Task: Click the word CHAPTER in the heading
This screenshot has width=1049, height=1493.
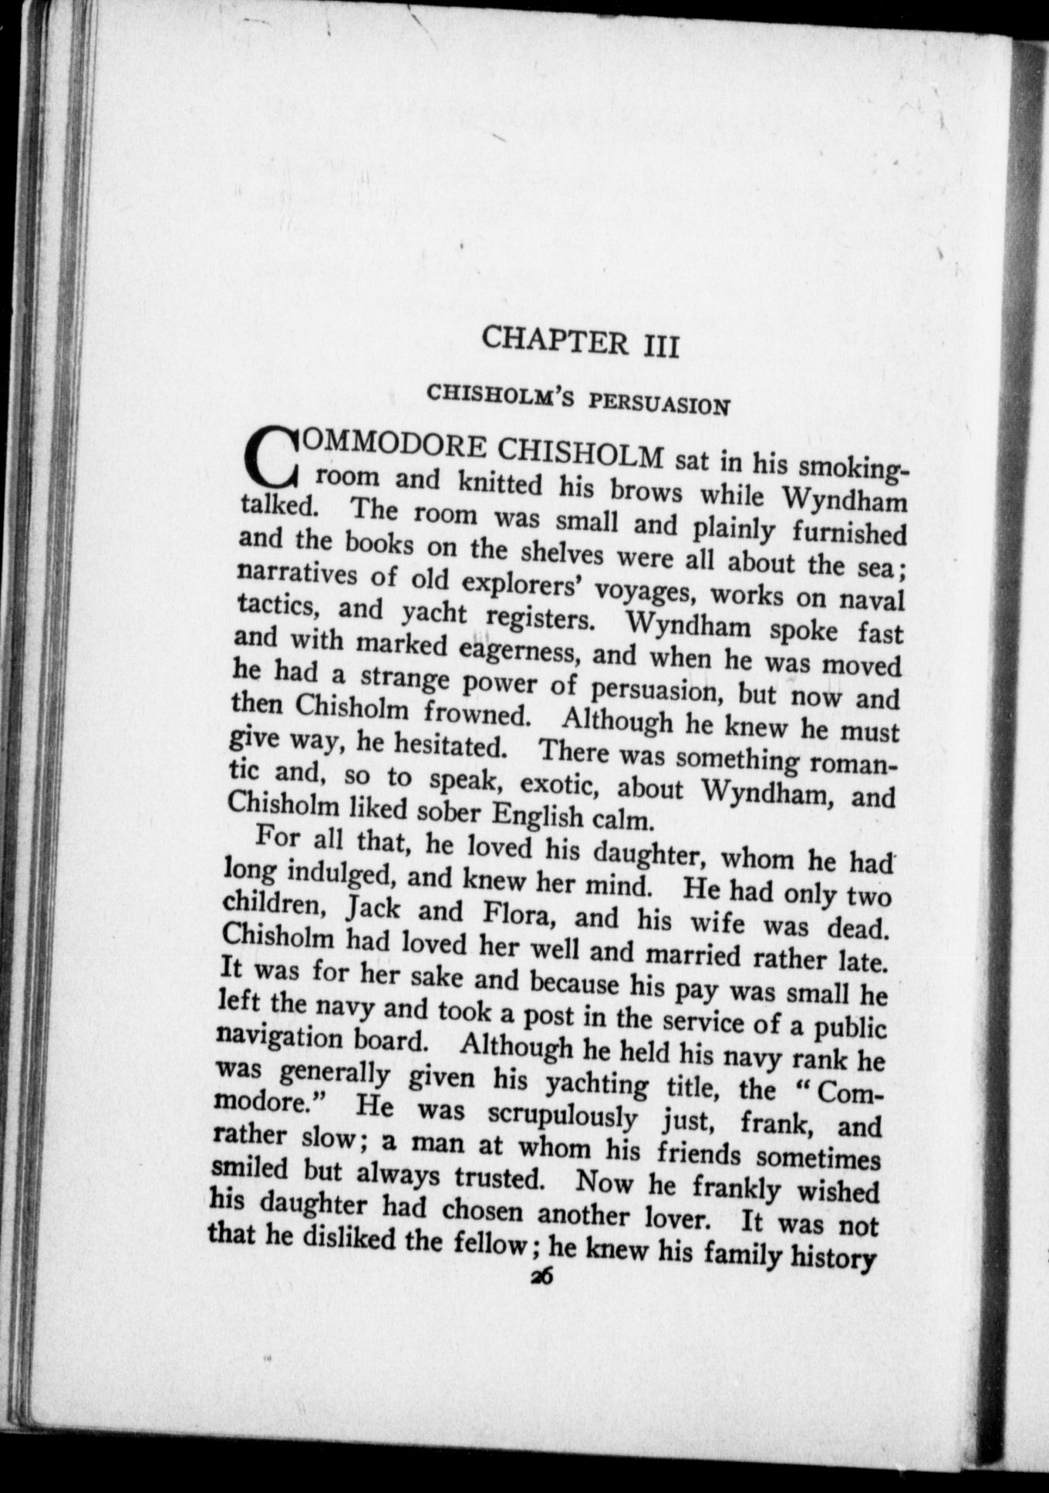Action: click(x=554, y=340)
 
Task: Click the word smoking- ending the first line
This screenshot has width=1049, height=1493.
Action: click(x=855, y=467)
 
